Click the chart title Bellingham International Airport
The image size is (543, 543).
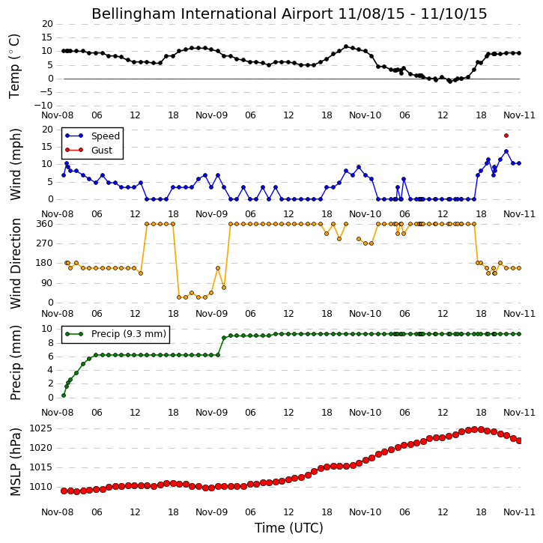click(x=212, y=13)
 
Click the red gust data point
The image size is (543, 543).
click(x=506, y=136)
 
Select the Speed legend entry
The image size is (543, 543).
click(x=92, y=136)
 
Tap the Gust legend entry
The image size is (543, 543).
click(x=88, y=150)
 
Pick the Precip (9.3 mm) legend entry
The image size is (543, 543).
click(x=115, y=334)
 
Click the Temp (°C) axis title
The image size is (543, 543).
click(x=14, y=66)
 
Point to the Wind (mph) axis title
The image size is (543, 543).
click(x=15, y=164)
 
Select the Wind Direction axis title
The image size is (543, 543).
click(x=15, y=264)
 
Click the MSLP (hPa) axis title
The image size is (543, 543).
click(x=15, y=462)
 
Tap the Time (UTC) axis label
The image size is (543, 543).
click(x=289, y=528)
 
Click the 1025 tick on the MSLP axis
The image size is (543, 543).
click(x=41, y=428)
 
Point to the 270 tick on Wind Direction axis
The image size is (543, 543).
click(x=45, y=243)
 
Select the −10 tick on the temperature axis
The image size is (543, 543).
click(x=43, y=106)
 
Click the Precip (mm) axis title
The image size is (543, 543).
click(x=15, y=363)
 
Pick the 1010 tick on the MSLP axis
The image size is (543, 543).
click(x=41, y=487)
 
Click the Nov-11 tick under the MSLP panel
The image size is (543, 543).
click(x=519, y=512)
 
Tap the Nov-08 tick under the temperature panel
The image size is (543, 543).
click(x=58, y=115)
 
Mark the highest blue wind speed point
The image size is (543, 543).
click(x=506, y=151)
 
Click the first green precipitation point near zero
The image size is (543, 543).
click(x=64, y=395)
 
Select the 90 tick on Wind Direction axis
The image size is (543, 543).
click(x=48, y=283)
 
